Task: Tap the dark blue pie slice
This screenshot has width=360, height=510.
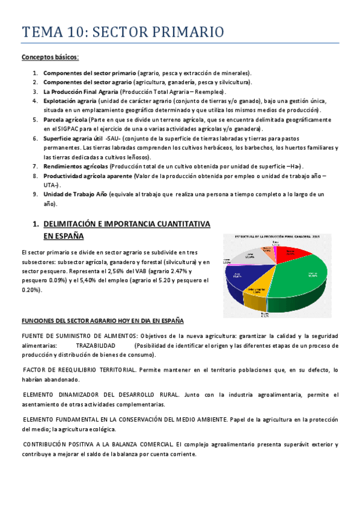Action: pos(240,271)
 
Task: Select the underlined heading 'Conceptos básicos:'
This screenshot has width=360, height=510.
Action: pos(50,58)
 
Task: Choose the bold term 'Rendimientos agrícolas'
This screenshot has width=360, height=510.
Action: pos(75,166)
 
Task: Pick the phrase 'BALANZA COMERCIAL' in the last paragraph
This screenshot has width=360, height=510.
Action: pos(143,444)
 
